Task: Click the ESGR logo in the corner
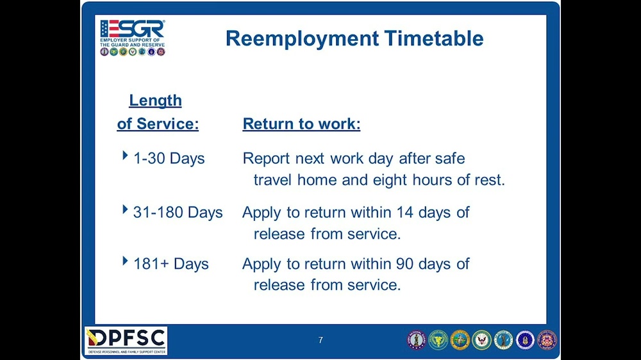[133, 37]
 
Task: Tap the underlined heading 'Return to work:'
[301, 124]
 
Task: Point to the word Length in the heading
[155, 101]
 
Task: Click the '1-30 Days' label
[169, 158]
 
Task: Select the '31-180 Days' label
[178, 212]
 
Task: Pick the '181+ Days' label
[171, 264]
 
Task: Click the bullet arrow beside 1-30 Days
[125, 156]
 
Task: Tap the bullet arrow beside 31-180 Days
[125, 210]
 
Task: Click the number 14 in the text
[405, 212]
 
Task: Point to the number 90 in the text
[405, 264]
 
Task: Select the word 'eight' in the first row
[392, 180]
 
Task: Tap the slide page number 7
[320, 340]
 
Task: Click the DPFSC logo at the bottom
[126, 341]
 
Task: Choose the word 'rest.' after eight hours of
[490, 180]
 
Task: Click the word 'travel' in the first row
[274, 180]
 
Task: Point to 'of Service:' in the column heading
[158, 124]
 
